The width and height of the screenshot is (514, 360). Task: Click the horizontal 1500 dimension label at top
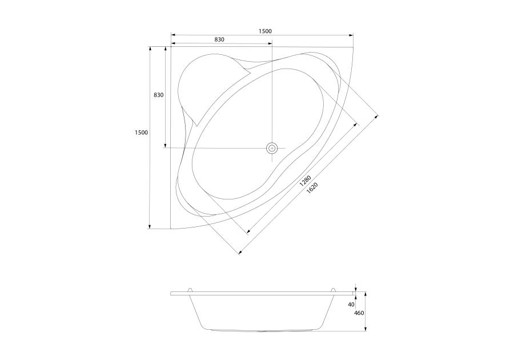point(265,31)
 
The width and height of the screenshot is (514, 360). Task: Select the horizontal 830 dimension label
point(219,39)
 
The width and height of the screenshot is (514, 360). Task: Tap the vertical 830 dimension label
point(158,95)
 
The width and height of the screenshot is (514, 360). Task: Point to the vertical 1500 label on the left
point(141,133)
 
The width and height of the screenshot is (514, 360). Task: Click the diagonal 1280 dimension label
point(305,181)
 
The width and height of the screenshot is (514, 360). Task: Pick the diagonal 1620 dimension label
point(312,188)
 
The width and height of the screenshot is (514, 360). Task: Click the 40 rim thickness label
point(351,305)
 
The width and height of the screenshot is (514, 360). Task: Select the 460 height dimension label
point(359,313)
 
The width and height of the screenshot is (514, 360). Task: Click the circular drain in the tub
point(272,148)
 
